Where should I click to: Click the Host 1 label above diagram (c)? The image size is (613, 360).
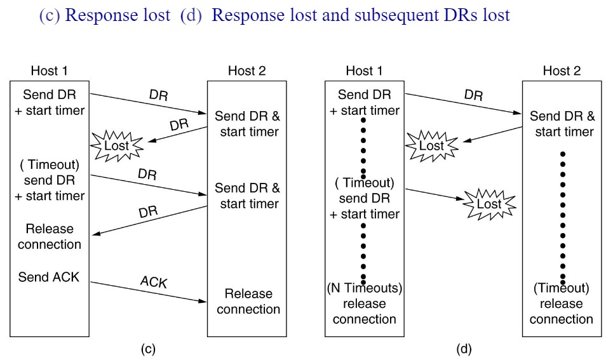pyautogui.click(x=50, y=70)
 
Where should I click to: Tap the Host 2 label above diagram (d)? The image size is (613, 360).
pyautogui.click(x=562, y=70)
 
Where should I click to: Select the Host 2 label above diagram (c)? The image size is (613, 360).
pyautogui.click(x=246, y=70)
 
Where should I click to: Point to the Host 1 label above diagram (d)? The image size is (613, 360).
pyautogui.click(x=365, y=70)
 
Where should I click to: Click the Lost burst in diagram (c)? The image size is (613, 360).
pyautogui.click(x=116, y=145)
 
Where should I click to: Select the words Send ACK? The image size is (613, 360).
pyautogui.click(x=49, y=277)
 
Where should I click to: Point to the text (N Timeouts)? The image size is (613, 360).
pyautogui.click(x=365, y=288)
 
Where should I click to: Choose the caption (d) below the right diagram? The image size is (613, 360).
pyautogui.click(x=464, y=349)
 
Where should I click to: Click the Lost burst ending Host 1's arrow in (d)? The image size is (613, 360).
pyautogui.click(x=488, y=204)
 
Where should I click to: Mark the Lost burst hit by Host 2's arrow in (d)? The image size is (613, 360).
pyautogui.click(x=431, y=145)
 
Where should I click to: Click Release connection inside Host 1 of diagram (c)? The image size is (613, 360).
pyautogui.click(x=50, y=237)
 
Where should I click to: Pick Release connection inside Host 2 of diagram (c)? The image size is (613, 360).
pyautogui.click(x=248, y=302)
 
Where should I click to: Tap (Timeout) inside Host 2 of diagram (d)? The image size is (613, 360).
pyautogui.click(x=562, y=288)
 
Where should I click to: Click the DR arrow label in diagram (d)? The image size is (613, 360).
pyautogui.click(x=473, y=95)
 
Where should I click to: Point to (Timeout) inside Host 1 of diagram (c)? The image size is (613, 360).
pyautogui.click(x=50, y=165)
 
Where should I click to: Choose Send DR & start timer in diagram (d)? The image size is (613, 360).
pyautogui.click(x=563, y=124)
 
